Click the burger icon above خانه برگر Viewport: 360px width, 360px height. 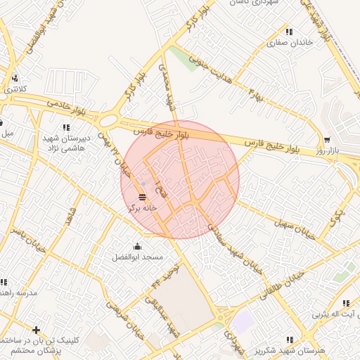coord(143,195)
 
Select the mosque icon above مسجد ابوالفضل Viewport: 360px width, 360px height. coord(137,245)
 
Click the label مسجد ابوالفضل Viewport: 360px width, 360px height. coord(137,257)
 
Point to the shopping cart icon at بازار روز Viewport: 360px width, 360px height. coord(327,139)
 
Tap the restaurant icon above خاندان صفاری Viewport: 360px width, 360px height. coord(289,31)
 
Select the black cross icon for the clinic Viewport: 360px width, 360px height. coord(36,329)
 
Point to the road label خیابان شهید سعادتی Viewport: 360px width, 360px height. coord(233,246)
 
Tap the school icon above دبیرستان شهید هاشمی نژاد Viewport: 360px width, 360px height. coord(66,127)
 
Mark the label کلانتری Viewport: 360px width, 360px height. coord(15,89)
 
